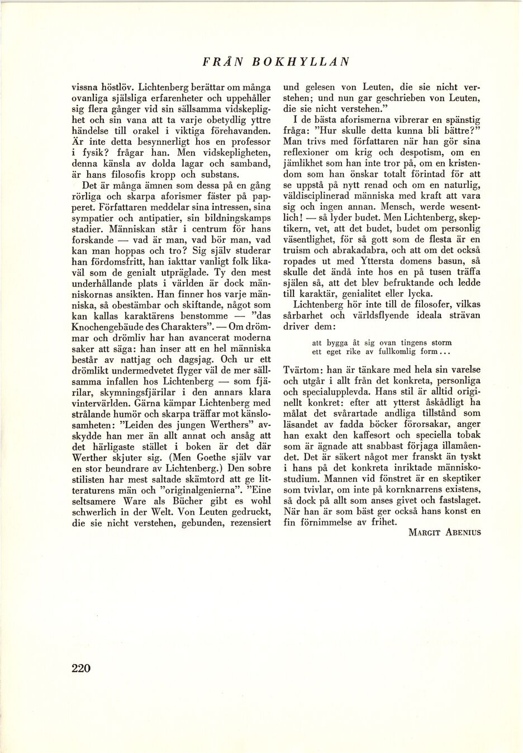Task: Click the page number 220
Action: point(81,667)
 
